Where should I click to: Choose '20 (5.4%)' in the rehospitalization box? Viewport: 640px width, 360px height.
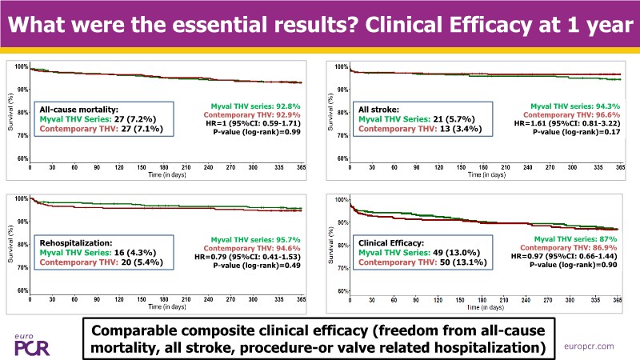point(148,265)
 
